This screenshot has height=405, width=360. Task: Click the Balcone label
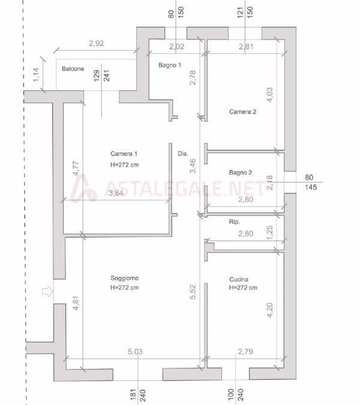73,69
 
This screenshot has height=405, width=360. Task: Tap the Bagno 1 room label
170,65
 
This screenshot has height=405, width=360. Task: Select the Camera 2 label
242,112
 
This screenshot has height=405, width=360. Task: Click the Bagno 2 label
241,172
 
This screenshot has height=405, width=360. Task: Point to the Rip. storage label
234,222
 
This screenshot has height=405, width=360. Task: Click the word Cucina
239,279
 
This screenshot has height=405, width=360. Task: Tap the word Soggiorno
124,278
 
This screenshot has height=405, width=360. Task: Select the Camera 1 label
124,154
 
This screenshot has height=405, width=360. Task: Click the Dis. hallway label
182,154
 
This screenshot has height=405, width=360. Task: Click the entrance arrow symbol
47,292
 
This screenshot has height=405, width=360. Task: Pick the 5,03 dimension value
135,352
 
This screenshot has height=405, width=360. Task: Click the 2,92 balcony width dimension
97,43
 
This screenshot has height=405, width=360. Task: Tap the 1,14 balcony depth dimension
36,74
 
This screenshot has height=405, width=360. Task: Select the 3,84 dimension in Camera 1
116,193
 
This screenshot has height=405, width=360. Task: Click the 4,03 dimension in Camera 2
269,95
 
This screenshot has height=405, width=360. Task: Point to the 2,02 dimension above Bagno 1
176,46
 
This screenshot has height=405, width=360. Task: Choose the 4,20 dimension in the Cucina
269,310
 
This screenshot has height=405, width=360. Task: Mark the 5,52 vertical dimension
193,292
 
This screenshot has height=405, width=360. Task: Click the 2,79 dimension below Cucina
245,352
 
